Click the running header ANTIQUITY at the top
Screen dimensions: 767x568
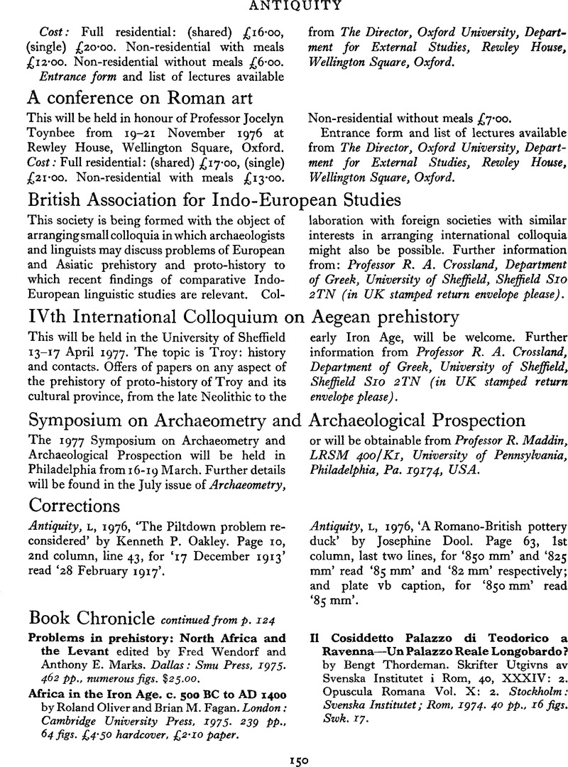[284, 6]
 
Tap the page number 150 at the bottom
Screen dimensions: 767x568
[283, 758]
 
